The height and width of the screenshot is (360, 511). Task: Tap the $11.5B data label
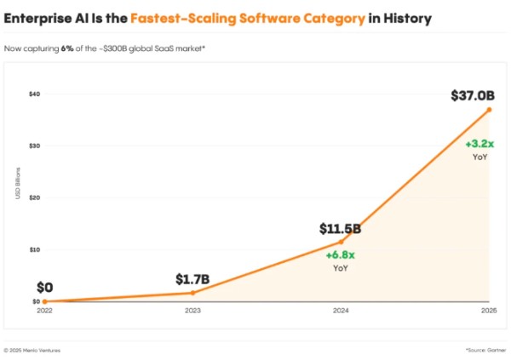tap(341, 229)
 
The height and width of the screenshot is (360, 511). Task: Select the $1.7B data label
tap(192, 279)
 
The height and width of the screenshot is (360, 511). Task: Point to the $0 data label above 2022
tap(44, 288)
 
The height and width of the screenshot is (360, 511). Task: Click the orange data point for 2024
tap(341, 242)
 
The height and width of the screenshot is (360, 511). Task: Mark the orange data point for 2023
tap(192, 293)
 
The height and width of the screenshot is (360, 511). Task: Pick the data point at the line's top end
tap(489, 110)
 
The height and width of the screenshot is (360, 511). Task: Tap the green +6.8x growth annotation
tap(341, 254)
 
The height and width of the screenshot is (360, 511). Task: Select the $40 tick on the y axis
tap(35, 94)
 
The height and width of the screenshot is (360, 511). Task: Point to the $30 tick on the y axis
tap(35, 146)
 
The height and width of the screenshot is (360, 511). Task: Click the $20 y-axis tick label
tap(35, 197)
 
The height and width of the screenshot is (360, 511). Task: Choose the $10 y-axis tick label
tap(35, 249)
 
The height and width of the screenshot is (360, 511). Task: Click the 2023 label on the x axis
tap(192, 311)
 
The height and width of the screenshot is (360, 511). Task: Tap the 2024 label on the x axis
tap(341, 311)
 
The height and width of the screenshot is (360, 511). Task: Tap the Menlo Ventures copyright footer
tap(32, 350)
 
